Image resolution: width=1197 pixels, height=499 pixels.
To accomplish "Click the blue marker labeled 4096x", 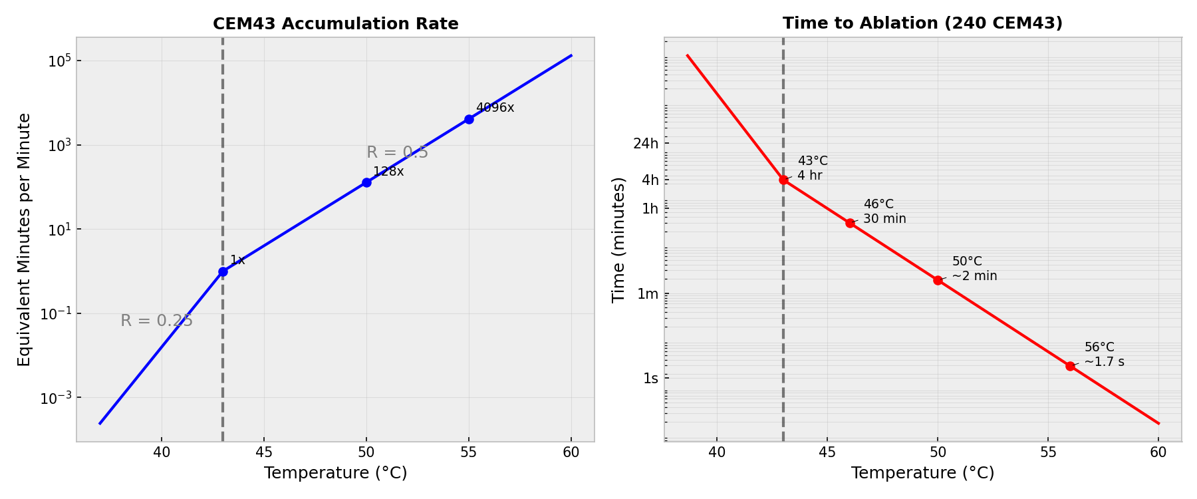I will pos(469,119).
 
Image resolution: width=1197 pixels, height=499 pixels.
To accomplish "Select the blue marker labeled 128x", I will pos(366,182).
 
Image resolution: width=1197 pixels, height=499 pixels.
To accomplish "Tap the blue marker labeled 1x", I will pos(223,271).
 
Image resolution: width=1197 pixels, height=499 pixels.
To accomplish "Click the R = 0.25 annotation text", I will pos(156,321).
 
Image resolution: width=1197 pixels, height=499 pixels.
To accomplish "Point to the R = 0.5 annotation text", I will pos(397,152).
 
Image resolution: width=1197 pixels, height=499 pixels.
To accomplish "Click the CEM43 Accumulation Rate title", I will pos(335,24).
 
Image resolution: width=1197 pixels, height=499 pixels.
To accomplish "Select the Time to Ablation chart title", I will pos(922,23).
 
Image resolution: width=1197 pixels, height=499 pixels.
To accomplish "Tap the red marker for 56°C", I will pos(1070,366).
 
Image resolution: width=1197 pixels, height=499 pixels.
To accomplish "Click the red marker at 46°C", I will pos(850,223).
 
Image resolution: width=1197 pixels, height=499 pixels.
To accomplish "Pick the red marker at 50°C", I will pos(938,280).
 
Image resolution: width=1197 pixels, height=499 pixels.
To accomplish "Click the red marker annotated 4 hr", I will pos(783,180).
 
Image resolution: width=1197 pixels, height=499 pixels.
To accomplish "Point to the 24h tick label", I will pos(646,143).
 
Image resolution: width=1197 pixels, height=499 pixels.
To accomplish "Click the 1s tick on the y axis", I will pos(650,378).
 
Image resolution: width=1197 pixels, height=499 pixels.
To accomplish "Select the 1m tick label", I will pos(648,293).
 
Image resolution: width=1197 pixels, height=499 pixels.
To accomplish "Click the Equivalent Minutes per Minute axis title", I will pos(25,240).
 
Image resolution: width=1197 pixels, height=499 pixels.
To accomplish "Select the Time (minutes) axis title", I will pos(618,240).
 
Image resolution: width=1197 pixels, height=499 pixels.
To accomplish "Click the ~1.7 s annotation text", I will pos(1104,362).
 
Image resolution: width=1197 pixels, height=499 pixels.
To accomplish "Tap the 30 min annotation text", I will pos(884,219).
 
